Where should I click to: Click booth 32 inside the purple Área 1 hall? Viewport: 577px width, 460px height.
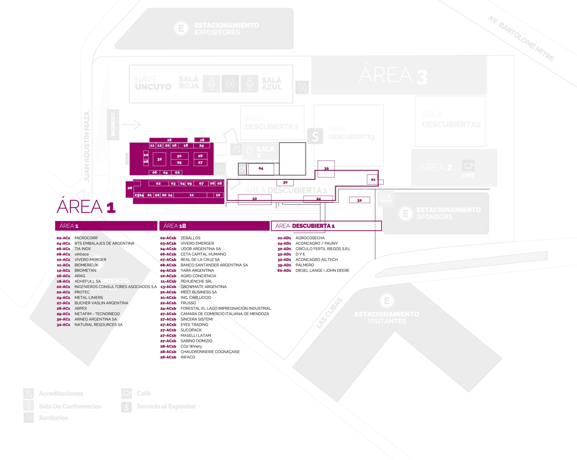160,159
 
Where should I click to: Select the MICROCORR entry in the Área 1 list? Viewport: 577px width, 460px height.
86,238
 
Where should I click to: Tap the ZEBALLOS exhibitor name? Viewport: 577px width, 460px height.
190,238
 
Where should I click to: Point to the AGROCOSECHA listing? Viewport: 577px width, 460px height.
310,238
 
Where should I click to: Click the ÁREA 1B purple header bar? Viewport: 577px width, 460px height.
214,226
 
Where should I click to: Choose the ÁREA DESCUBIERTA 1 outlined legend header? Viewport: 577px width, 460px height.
326,226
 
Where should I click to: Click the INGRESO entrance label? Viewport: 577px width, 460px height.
113,124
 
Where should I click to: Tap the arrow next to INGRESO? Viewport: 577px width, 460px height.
131,124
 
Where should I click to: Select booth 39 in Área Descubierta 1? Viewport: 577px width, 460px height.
326,169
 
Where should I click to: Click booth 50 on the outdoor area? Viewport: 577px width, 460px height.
254,199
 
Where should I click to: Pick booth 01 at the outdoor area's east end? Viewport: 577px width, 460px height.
373,180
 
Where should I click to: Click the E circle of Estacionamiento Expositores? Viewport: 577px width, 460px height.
181,28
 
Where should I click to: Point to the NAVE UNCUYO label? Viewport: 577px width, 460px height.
153,83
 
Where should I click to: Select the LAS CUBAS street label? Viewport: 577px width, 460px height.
329,313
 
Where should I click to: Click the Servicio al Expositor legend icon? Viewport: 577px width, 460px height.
126,407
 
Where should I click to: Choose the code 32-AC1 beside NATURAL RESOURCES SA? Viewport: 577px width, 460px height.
63,325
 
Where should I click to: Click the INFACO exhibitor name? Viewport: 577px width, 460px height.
188,357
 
